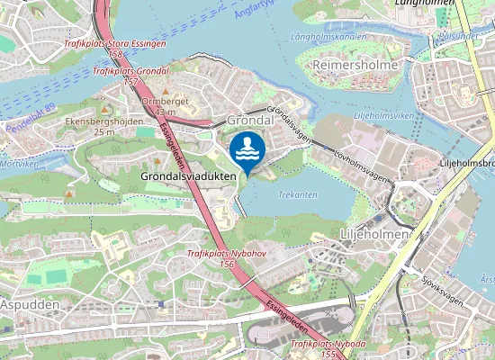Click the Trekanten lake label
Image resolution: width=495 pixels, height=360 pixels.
point(298,194)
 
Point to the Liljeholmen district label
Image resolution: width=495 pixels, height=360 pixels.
point(374,233)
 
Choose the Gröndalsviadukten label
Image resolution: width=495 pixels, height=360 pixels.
point(189,176)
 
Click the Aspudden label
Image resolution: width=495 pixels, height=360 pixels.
point(30,305)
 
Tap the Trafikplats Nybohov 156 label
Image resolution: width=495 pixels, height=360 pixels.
point(226,259)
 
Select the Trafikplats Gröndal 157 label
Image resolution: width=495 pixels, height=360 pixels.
point(130,76)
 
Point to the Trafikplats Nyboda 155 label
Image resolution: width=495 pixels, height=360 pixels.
point(328,349)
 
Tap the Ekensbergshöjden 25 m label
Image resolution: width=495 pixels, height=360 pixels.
point(103,127)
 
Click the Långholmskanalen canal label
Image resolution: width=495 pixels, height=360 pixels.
point(331,38)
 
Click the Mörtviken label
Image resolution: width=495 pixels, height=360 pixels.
point(19,165)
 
